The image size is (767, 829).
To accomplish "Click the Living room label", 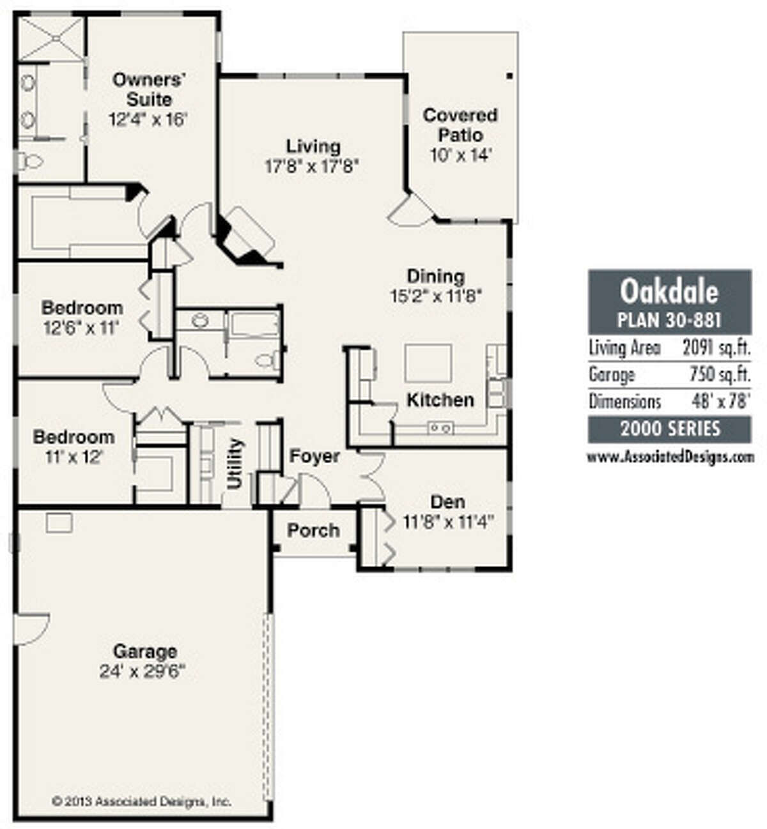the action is (x=313, y=146).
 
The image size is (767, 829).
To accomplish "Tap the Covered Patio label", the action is (x=460, y=125).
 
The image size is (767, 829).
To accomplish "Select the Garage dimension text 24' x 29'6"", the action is (x=142, y=672).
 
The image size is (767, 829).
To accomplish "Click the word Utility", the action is (x=235, y=463).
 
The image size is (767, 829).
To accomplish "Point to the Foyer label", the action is (x=314, y=455).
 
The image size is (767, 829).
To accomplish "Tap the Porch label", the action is (x=313, y=530).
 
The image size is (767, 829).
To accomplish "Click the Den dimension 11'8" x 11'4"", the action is (x=448, y=521).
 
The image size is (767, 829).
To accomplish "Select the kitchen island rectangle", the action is (x=428, y=363).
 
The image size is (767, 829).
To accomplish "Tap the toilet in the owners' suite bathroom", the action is (x=29, y=161).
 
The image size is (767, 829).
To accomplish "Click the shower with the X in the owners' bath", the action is (x=51, y=38).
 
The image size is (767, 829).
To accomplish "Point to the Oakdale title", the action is (x=669, y=292).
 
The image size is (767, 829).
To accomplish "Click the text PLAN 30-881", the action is (x=669, y=320).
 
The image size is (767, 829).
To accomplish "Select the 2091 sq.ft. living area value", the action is (x=717, y=347).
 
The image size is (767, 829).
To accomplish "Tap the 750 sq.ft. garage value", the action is (x=720, y=374).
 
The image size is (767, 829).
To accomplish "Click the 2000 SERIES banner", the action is (x=670, y=429).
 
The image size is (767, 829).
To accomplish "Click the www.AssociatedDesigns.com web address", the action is (x=670, y=457).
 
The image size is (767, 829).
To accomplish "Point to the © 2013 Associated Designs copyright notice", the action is (x=141, y=801).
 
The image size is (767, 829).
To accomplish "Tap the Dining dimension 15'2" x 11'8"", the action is (x=436, y=296).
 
